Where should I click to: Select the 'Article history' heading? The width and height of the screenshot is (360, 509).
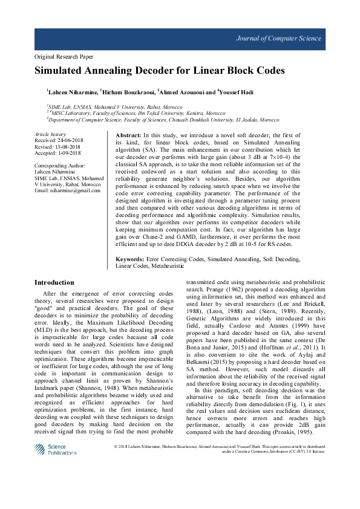point(50,134)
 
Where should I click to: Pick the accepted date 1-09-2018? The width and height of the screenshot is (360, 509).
point(72,152)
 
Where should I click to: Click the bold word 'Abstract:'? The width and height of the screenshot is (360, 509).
point(128,135)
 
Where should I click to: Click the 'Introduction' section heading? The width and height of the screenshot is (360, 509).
point(54,282)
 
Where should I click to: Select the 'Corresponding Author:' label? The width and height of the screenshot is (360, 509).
point(60,165)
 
